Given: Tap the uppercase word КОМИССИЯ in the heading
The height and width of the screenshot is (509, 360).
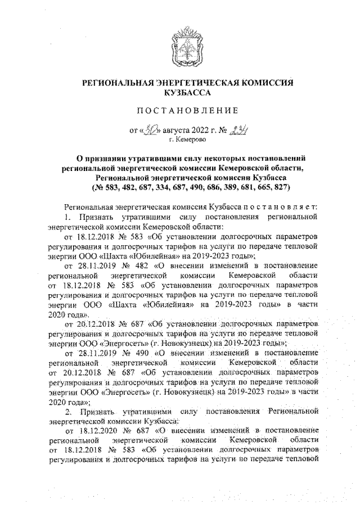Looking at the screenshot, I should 266,83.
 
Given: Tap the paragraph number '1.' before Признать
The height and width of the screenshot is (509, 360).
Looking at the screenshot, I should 67,218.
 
